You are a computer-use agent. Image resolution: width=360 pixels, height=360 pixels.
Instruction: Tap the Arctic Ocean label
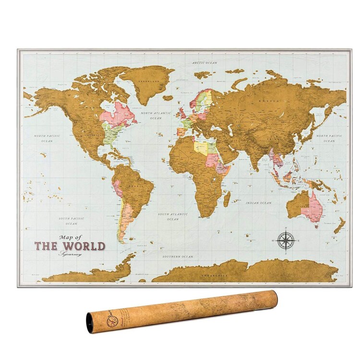pyautogui.click(x=205, y=63)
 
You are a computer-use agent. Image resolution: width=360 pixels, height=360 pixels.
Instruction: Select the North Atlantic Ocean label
pyautogui.click(x=156, y=115)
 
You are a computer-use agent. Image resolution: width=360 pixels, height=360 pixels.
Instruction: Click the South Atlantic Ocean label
pyautogui.click(x=173, y=216)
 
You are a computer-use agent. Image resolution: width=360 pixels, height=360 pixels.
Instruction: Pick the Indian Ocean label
pyautogui.click(x=259, y=203)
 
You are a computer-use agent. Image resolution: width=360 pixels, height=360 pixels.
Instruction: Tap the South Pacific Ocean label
pyautogui.click(x=71, y=221)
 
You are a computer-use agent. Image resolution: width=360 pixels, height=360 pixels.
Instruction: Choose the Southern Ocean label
pyautogui.click(x=178, y=257)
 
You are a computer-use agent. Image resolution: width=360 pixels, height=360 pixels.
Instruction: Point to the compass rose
pyautogui.click(x=286, y=240)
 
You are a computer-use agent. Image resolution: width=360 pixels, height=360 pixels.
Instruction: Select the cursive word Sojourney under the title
pyautogui.click(x=71, y=254)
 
